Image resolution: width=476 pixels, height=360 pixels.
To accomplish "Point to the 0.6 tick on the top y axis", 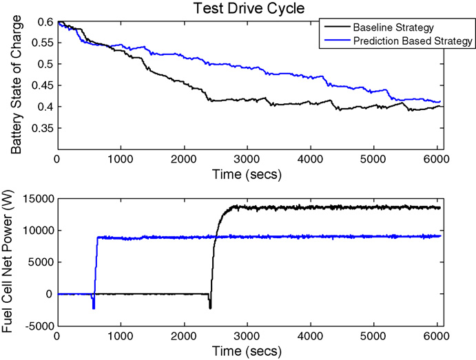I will (x=45, y=23).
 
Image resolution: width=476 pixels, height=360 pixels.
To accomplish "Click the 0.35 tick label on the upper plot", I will (x=42, y=128).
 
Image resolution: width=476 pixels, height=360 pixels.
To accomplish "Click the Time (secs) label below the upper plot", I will (x=247, y=174).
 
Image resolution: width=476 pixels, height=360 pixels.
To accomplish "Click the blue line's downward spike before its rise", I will (x=93, y=308).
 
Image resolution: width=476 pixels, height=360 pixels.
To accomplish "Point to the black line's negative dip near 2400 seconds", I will (x=210, y=307).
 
